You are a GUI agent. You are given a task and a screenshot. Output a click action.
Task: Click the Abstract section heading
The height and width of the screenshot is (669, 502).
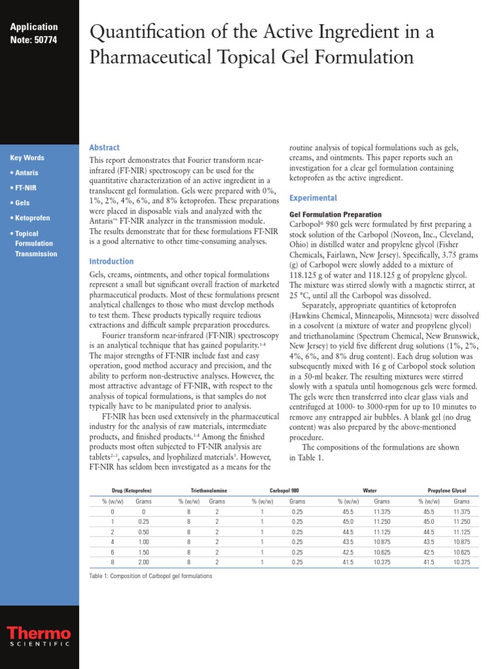point(105,148)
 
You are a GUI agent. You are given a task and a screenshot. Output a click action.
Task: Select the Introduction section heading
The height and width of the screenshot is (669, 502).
point(111,261)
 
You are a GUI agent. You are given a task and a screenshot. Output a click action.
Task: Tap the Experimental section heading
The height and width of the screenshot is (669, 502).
point(313,198)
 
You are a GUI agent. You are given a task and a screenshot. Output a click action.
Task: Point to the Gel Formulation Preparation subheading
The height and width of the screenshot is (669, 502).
point(335,215)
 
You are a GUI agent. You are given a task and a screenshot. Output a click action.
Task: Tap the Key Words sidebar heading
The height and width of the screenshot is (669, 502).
point(27,158)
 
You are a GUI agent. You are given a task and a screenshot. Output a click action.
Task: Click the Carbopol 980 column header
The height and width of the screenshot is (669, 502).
point(284,491)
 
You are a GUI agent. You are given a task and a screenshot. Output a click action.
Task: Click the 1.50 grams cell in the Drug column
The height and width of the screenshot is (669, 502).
point(144,551)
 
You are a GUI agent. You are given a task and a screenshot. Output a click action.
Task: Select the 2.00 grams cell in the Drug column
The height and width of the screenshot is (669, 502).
point(144,562)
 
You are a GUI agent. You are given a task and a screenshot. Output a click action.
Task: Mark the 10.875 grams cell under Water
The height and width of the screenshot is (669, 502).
point(382,542)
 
